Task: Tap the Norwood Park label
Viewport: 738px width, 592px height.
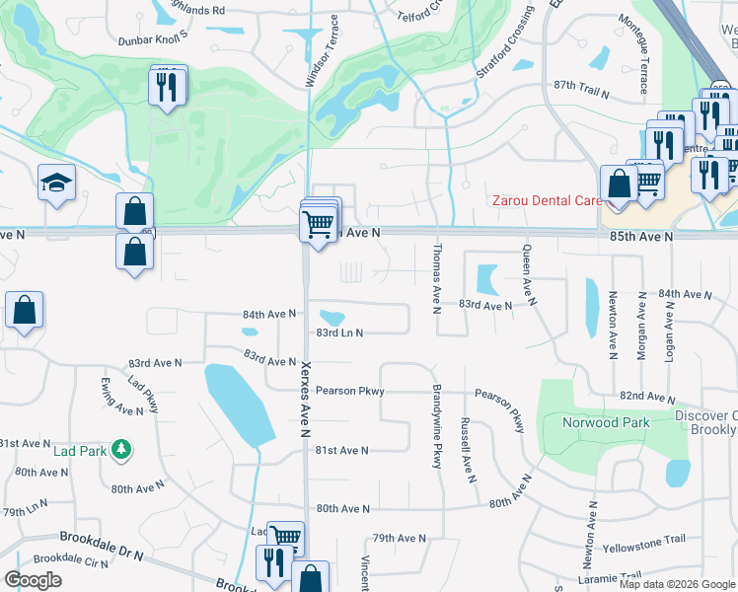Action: (x=606, y=422)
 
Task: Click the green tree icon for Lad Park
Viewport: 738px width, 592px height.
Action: (x=121, y=450)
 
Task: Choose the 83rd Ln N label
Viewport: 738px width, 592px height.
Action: (x=339, y=333)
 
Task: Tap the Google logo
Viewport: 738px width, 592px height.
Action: (x=34, y=580)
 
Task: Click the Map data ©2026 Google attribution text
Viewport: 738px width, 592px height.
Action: (x=676, y=584)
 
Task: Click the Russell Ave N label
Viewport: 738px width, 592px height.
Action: (x=466, y=450)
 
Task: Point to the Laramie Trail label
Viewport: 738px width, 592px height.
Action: (x=613, y=575)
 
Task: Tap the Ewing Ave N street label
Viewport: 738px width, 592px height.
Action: (x=122, y=396)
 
